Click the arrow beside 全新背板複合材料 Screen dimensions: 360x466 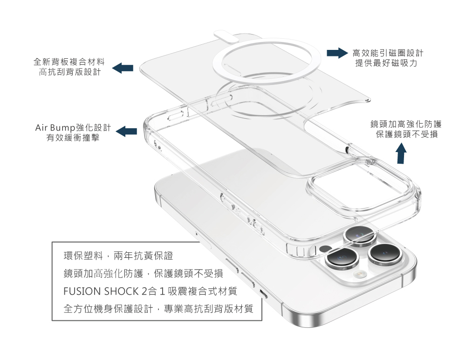coord(123,68)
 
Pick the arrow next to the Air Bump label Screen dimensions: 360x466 coord(126,132)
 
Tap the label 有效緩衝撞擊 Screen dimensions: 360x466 coord(73,138)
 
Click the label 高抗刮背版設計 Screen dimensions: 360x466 coord(69,72)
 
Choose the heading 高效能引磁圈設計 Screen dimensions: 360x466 coord(388,53)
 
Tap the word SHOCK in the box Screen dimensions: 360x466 coord(121,291)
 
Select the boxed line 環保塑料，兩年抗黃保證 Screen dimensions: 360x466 coord(118,256)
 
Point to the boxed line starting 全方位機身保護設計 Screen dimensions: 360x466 coord(158,309)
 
